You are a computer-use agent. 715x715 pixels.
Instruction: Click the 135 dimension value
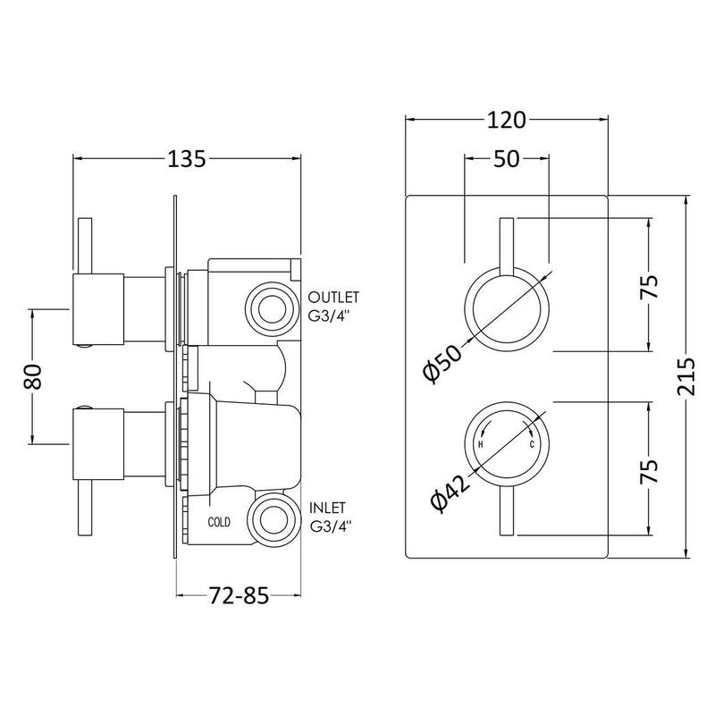click(x=187, y=159)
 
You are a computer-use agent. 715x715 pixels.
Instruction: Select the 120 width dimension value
click(x=507, y=121)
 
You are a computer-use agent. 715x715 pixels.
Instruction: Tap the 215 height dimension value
click(x=686, y=376)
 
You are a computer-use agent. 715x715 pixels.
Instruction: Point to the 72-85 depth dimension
click(x=239, y=276)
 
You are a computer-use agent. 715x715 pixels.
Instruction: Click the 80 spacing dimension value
click(x=32, y=376)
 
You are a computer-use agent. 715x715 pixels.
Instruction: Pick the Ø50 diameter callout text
click(x=442, y=364)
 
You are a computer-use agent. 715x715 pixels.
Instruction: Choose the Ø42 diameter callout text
click(x=450, y=494)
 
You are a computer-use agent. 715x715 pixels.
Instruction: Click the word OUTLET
click(x=333, y=298)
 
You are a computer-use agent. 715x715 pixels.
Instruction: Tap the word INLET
click(x=327, y=508)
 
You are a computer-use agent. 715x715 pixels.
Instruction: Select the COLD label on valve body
click(x=219, y=522)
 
